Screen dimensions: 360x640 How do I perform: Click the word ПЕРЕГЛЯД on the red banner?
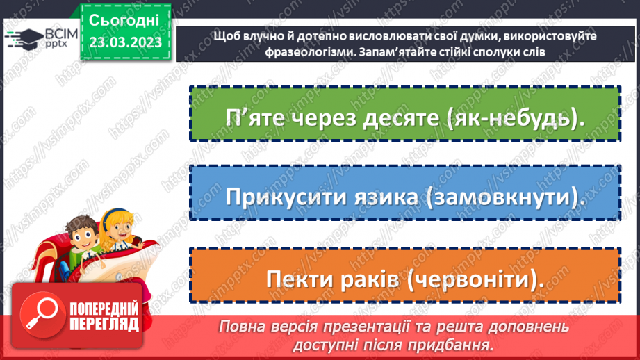coord(104,325)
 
